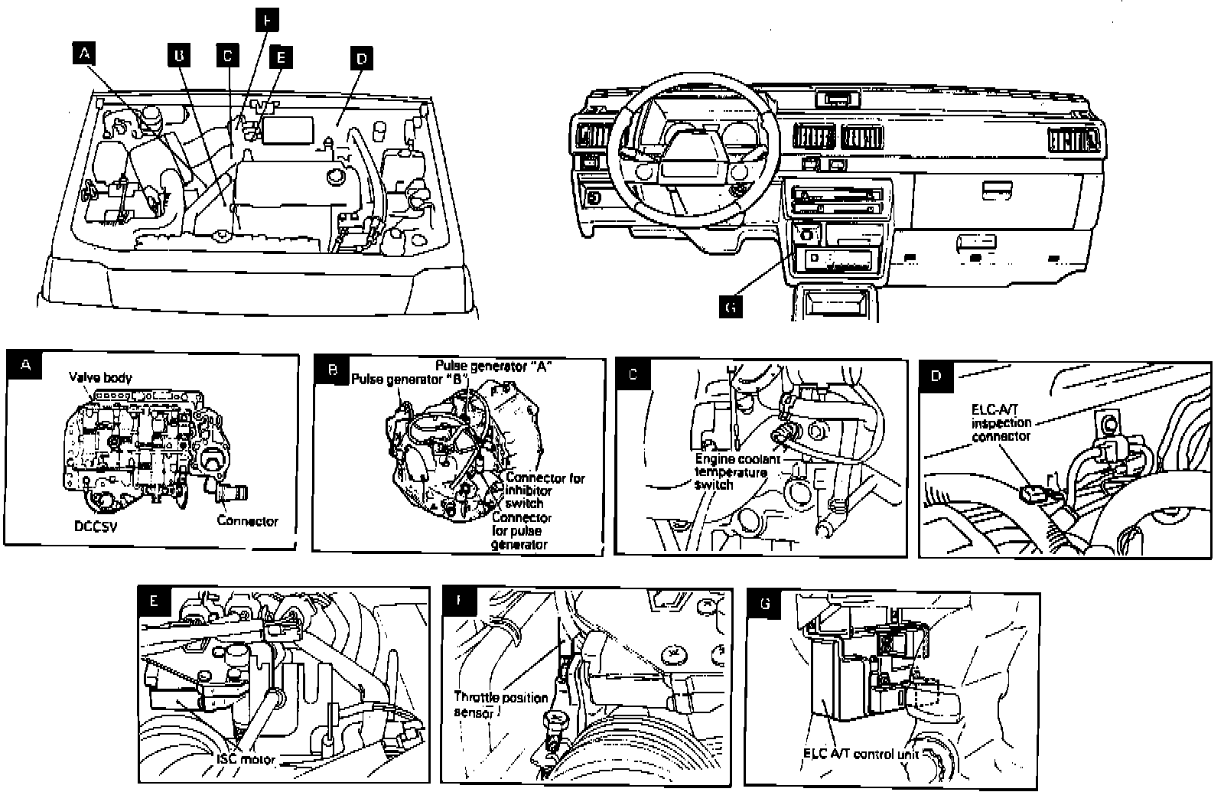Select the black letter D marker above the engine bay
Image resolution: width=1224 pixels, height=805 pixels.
[361, 57]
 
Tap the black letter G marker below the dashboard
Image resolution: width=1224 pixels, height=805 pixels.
[731, 307]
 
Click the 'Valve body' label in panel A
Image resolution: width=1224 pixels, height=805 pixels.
[100, 377]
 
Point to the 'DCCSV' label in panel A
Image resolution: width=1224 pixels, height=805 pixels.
[97, 526]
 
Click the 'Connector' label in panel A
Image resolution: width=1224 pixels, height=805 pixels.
[248, 521]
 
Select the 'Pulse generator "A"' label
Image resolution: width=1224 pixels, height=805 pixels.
[494, 365]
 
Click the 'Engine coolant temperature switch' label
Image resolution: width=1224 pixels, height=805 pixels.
[737, 471]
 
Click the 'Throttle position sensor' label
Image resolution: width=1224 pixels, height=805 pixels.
[500, 704]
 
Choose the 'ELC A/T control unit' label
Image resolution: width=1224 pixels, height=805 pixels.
[860, 754]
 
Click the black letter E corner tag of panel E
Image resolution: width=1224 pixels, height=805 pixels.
[154, 601]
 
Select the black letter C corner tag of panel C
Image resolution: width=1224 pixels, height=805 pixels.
[632, 374]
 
